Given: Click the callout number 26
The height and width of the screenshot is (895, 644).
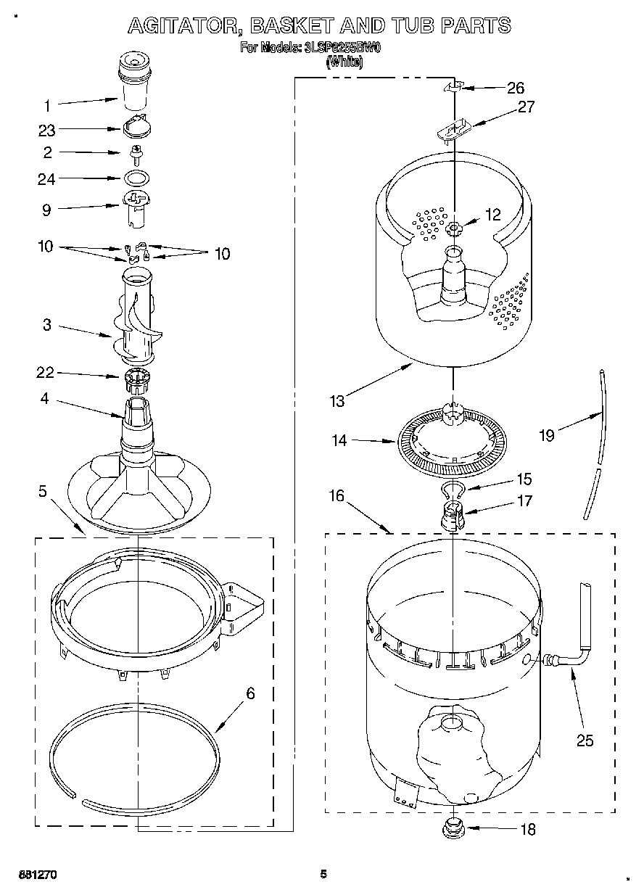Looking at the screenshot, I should click(515, 88).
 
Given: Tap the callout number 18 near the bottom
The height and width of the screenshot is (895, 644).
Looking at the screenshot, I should click(527, 829).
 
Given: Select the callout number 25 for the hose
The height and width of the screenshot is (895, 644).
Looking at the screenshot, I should click(585, 740).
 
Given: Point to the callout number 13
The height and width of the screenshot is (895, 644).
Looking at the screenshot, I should click(336, 400).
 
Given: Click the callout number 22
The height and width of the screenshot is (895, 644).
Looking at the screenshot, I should click(46, 373).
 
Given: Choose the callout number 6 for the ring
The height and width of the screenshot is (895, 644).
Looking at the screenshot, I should click(250, 693).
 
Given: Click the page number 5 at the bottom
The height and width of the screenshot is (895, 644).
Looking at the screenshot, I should click(324, 874).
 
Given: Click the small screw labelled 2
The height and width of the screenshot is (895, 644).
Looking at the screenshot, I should click(136, 152).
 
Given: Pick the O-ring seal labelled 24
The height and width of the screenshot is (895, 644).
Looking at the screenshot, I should click(136, 178).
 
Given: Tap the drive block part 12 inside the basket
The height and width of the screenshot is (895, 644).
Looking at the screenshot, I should click(455, 229).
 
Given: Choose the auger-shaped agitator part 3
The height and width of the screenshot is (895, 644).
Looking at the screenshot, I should click(138, 319).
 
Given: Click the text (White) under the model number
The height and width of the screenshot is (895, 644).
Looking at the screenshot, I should click(344, 62).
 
